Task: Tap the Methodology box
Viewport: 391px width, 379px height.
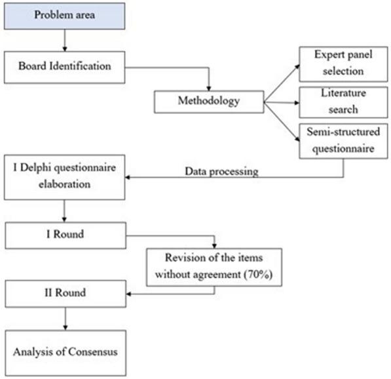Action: pos(208,102)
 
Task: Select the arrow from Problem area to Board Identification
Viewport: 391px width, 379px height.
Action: pos(64,41)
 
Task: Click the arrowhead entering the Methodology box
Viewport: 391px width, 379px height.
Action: pos(208,87)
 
